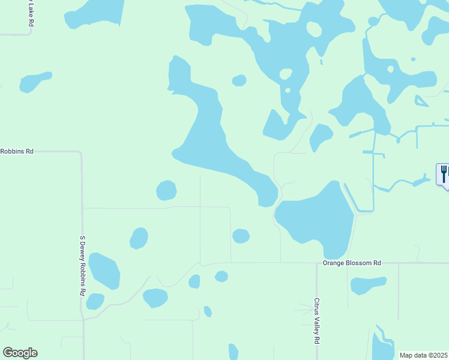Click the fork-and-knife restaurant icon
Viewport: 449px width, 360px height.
pyautogui.click(x=443, y=174)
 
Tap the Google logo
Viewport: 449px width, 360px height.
pyautogui.click(x=20, y=353)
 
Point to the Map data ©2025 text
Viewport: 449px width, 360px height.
pyautogui.click(x=424, y=355)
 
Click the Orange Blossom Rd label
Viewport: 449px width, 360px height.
pyautogui.click(x=352, y=263)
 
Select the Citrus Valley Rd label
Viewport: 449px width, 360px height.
pyautogui.click(x=316, y=321)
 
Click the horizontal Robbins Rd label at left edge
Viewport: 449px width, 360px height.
pyautogui.click(x=17, y=151)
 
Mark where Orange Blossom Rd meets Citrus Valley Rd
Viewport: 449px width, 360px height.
pyautogui.click(x=316, y=263)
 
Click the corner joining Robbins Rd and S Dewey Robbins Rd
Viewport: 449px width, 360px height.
pyautogui.click(x=80, y=152)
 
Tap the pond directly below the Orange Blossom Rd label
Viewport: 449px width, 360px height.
pyautogui.click(x=367, y=284)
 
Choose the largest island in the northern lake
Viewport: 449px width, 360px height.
pyautogui.click(x=314, y=29)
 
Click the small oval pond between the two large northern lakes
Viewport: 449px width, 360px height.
pyautogui.click(x=239, y=80)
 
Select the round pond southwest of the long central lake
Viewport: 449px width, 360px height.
pyautogui.click(x=166, y=191)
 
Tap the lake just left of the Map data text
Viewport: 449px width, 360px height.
pyautogui.click(x=382, y=347)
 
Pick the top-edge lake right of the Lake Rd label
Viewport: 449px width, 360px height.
pyautogui.click(x=94, y=13)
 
